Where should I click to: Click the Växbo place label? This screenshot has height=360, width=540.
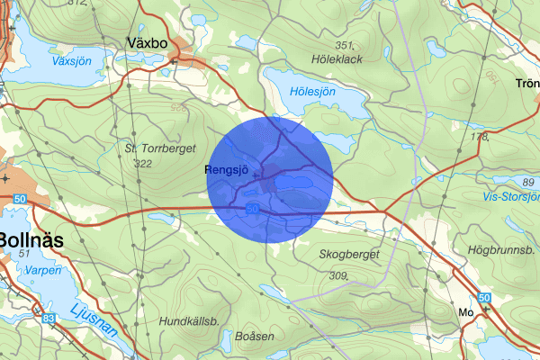[148, 42]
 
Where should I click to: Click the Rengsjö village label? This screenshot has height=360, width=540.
[228, 168]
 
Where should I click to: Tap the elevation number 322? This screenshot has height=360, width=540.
[142, 164]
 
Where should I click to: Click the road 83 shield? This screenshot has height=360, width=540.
[48, 318]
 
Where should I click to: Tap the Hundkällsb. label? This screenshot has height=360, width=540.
[189, 320]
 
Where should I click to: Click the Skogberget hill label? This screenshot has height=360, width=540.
[351, 256]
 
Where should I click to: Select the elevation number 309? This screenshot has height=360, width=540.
[339, 275]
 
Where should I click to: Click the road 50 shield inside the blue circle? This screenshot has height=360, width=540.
[254, 208]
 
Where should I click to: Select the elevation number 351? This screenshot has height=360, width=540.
[344, 44]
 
